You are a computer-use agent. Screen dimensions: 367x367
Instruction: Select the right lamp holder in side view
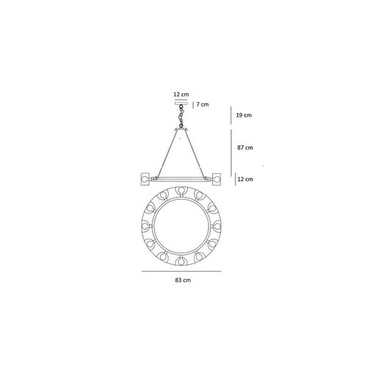click(x=219, y=178)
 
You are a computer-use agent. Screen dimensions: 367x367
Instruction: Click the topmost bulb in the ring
click(x=183, y=192)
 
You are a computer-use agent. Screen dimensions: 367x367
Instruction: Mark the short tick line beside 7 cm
click(x=193, y=105)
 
